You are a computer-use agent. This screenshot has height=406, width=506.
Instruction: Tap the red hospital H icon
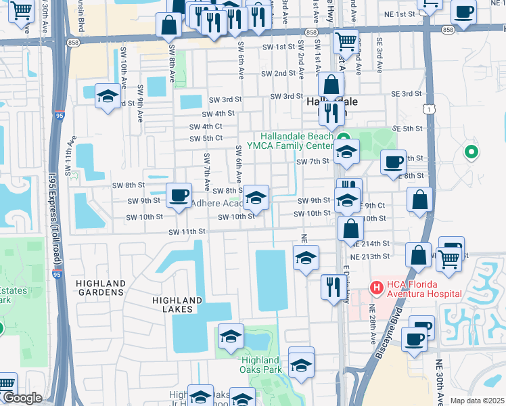click(x=375, y=288)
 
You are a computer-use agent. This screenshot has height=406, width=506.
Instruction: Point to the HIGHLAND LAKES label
click(x=177, y=304)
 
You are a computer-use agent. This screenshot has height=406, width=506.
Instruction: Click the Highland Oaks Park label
click(x=260, y=365)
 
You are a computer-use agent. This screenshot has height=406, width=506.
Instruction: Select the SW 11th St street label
click(x=187, y=231)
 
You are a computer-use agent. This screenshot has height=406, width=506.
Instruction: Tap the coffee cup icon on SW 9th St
click(x=179, y=196)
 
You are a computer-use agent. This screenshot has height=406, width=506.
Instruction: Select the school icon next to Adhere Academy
click(x=256, y=198)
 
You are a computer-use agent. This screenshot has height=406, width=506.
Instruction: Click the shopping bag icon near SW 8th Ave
click(x=168, y=25)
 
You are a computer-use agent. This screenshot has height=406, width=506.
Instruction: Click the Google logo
click(x=22, y=399)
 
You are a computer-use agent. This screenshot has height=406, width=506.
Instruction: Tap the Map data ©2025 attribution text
click(x=477, y=401)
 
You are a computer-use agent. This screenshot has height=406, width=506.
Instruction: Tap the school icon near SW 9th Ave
click(x=108, y=96)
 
